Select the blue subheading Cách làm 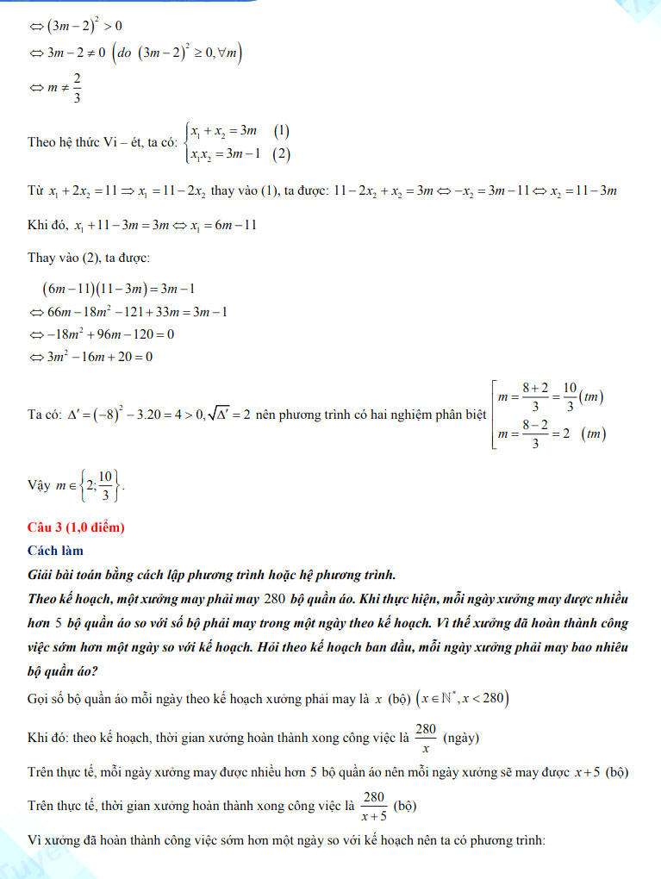[x=55, y=550]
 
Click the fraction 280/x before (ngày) [x=426, y=738]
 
